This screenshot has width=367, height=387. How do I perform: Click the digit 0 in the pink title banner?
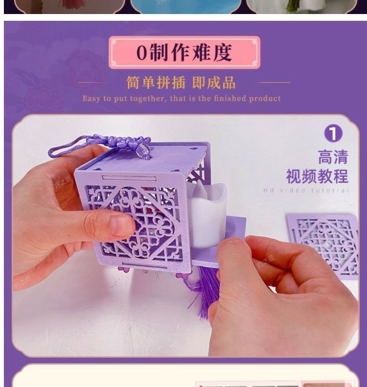(x=142, y=52)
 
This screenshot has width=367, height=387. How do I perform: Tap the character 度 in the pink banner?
(x=222, y=52)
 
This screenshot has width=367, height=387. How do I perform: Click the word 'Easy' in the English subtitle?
(x=92, y=99)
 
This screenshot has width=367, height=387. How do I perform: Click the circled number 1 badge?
(x=333, y=134)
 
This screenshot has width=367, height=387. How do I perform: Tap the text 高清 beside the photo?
(x=333, y=157)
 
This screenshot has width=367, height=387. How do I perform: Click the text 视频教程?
(x=317, y=176)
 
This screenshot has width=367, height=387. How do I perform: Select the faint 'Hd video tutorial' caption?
(x=306, y=190)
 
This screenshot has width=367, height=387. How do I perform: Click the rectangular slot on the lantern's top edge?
(x=129, y=178)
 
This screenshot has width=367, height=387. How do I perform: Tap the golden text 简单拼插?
(x=155, y=82)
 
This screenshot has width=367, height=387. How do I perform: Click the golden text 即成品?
(x=214, y=82)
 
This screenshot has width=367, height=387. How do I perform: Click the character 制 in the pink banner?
(x=159, y=52)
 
